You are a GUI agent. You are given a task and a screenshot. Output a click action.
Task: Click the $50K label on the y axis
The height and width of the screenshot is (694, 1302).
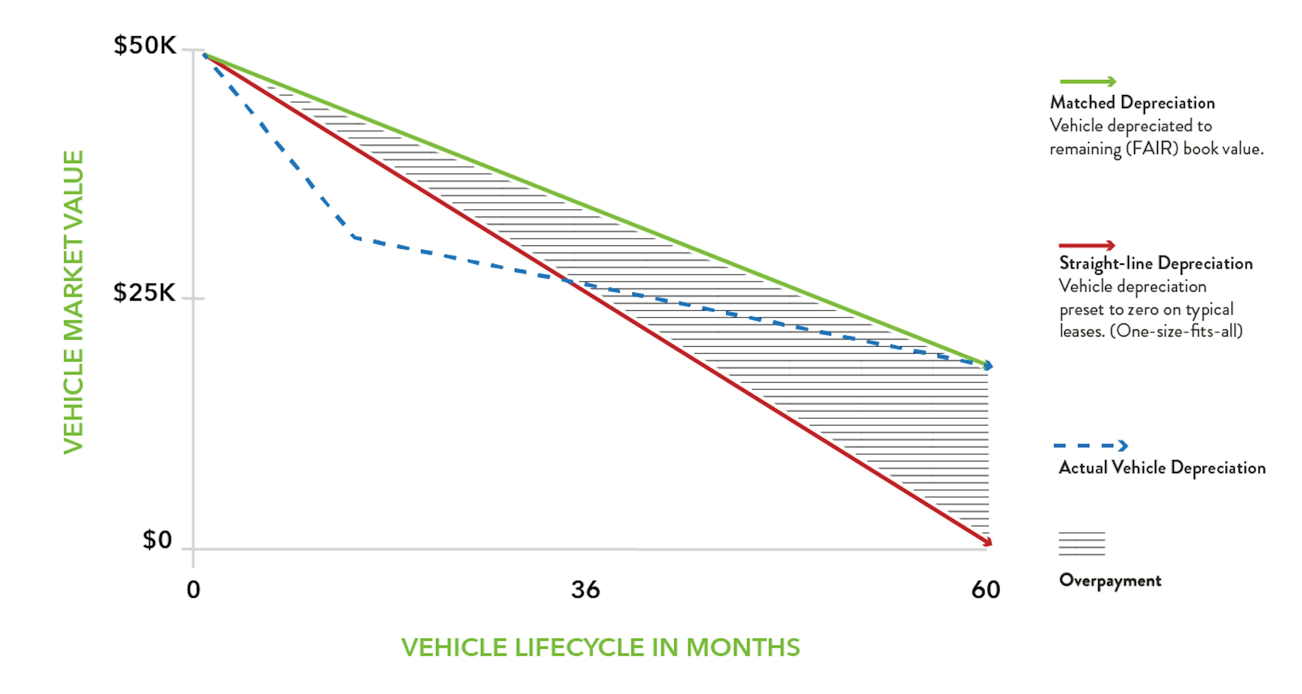tap(144, 45)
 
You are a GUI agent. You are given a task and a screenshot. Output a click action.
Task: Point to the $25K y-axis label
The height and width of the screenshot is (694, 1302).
tap(144, 293)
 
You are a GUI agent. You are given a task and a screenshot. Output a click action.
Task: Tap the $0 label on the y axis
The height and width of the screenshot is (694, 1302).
tap(157, 540)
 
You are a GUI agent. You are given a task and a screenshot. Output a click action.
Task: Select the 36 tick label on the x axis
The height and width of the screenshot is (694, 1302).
tap(585, 590)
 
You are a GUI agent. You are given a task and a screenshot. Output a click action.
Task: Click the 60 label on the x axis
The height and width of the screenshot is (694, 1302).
tap(985, 590)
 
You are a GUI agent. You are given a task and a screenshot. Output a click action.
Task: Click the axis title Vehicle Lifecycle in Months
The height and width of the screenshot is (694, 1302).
tap(600, 648)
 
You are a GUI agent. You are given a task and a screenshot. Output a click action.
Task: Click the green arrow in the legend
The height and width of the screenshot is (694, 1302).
tap(1087, 81)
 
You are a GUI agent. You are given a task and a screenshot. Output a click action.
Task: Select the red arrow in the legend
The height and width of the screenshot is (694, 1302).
tap(1087, 246)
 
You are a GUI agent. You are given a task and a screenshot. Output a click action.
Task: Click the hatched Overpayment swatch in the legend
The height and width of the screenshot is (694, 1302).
tap(1082, 544)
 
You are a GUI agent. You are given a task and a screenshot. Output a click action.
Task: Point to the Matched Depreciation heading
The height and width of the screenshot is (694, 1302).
tap(1132, 103)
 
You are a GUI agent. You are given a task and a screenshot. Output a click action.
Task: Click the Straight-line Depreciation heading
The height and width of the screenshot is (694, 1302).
tap(1156, 263)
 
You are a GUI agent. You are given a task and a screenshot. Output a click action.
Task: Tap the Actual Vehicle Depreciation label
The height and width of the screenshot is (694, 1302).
tap(1162, 467)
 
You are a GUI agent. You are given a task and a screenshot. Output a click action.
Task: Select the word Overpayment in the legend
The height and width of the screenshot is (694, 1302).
tap(1110, 580)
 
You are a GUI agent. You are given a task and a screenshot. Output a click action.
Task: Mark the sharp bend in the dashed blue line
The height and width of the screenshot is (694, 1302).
tap(354, 236)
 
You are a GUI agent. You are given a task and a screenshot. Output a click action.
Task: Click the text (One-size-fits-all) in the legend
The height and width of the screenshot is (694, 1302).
tap(1176, 331)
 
